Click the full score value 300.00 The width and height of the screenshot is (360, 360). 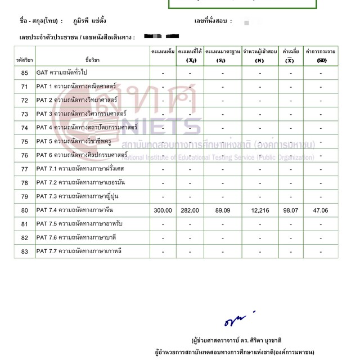[163, 210]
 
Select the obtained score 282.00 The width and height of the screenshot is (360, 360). [190, 210]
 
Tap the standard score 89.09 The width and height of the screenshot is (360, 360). [222, 210]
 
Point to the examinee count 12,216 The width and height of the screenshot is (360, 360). [259, 210]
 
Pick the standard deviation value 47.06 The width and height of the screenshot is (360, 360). [321, 210]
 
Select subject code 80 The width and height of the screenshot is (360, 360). [24, 210]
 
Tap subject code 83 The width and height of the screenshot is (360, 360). [24, 251]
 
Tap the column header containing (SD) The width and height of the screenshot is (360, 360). [321, 56]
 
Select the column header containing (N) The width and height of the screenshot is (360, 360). [259, 56]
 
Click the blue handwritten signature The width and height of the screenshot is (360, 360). [235, 321]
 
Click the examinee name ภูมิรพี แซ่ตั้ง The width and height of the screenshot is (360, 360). [89, 21]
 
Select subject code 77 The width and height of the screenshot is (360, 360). [24, 169]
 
